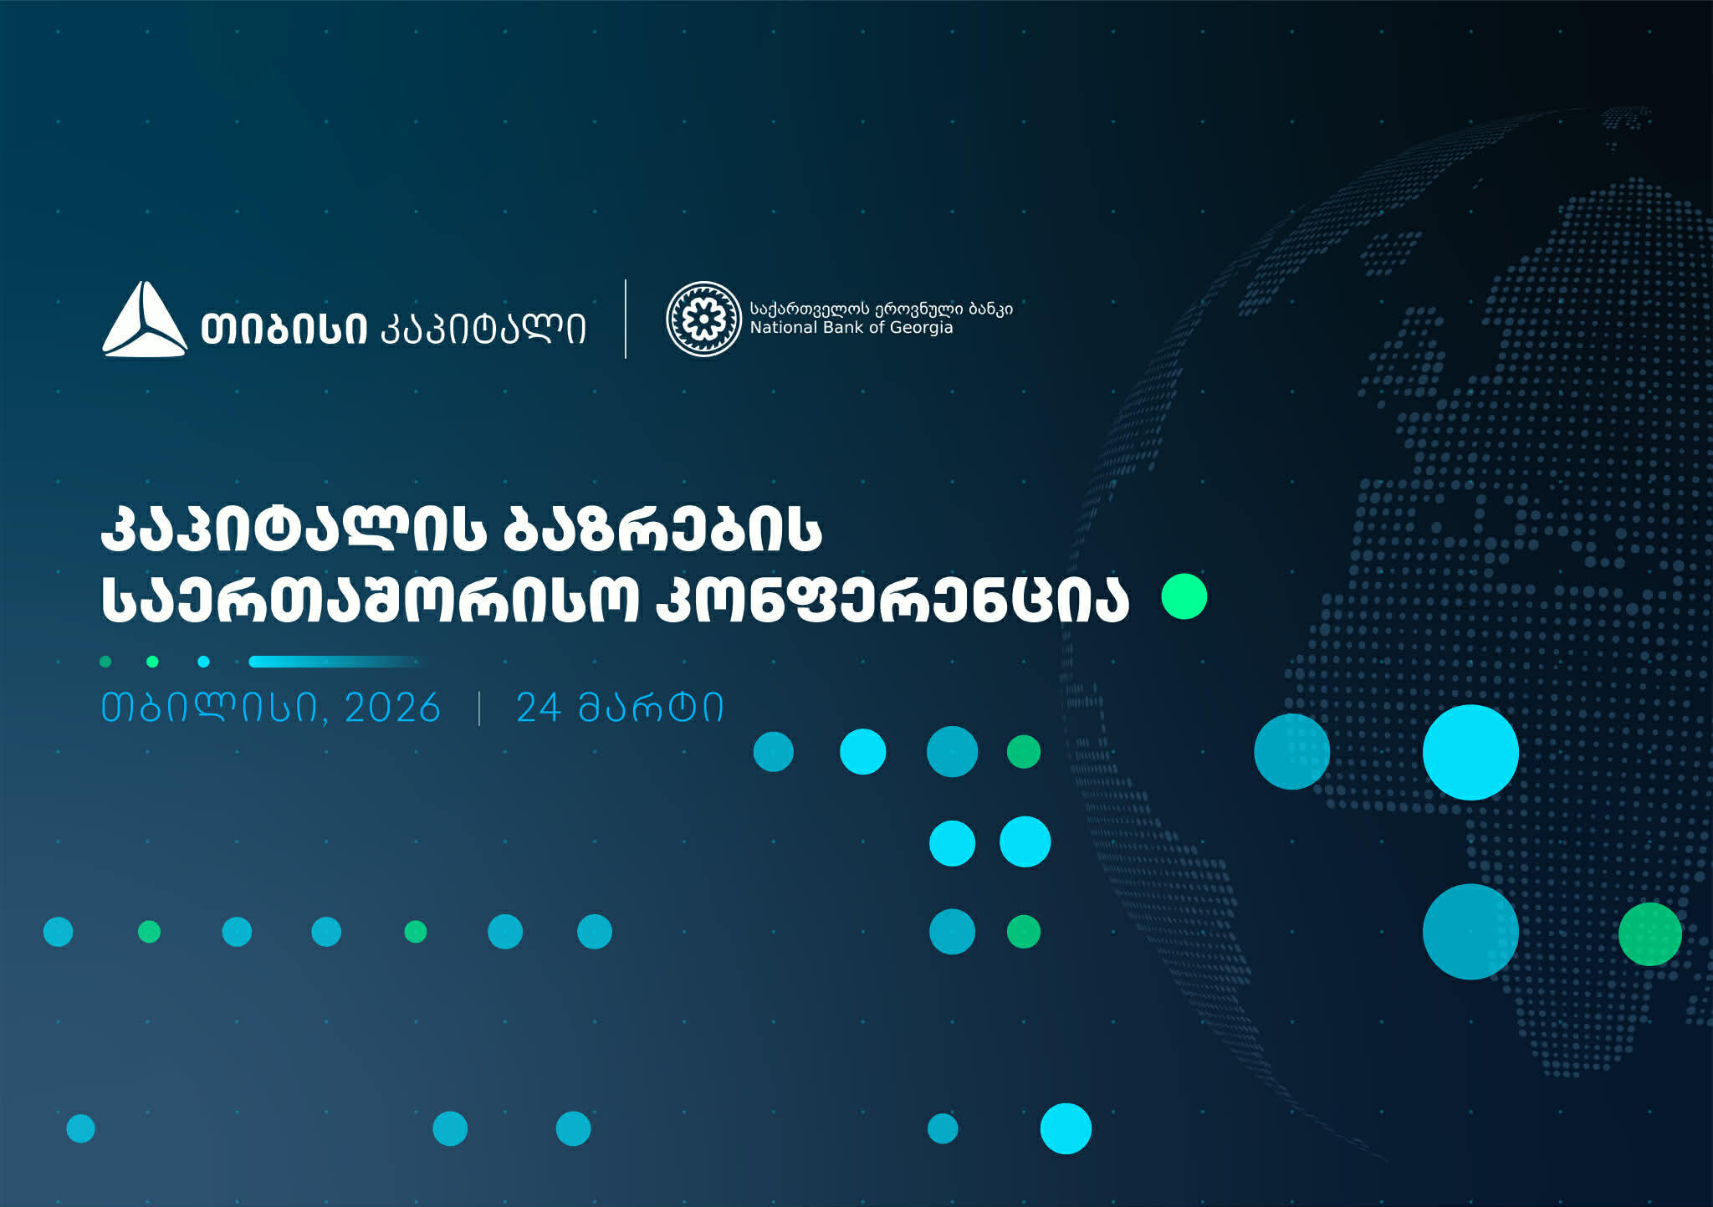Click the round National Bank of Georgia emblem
coord(703,319)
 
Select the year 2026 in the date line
coord(392,708)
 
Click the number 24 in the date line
coord(538,708)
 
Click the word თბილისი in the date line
coord(209,708)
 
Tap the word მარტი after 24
coord(651,708)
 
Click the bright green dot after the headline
coord(1184,596)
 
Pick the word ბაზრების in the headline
coord(662,530)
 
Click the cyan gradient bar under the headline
coord(333,662)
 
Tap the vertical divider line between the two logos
coord(626,319)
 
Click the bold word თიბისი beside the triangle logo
coord(284,329)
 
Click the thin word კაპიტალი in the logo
coord(483,329)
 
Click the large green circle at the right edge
coord(1649,933)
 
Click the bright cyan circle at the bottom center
coord(1066,1128)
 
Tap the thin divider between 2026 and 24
coord(479,708)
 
